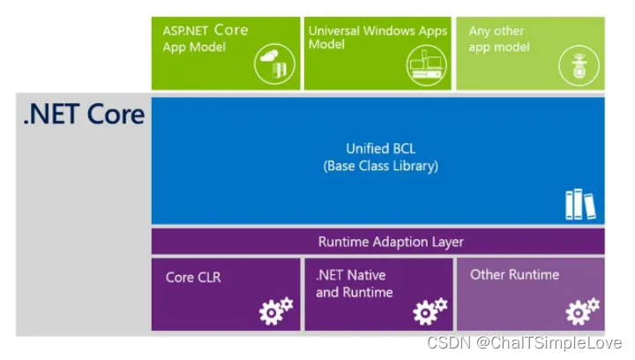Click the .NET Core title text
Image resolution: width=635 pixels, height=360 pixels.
(x=84, y=115)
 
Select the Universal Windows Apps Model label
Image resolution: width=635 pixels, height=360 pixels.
(x=377, y=37)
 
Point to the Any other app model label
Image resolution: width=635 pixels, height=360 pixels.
(x=500, y=38)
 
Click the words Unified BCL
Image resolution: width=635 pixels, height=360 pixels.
(x=378, y=148)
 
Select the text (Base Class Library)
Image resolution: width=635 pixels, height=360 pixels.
(x=378, y=165)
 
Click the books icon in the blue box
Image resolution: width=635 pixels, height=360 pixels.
(x=579, y=204)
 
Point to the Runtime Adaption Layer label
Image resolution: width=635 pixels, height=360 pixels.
(x=378, y=241)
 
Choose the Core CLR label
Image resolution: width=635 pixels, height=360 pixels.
(x=193, y=277)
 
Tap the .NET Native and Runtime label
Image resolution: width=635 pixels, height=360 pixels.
(x=355, y=283)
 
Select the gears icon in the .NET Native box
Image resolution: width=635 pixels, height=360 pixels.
(x=430, y=310)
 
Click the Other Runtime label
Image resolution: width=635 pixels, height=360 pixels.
(x=514, y=274)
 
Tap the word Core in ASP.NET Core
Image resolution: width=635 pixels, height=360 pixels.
(x=231, y=30)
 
